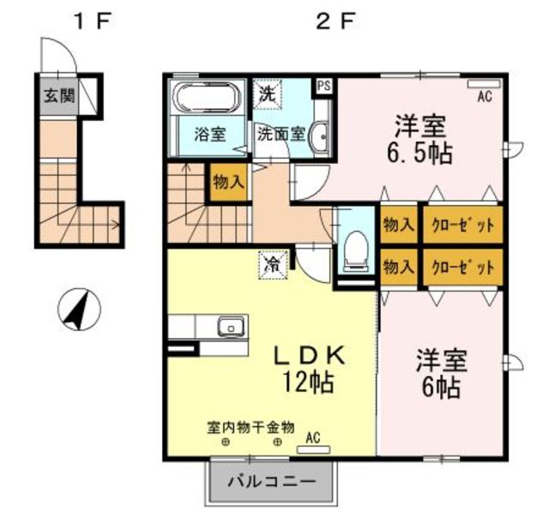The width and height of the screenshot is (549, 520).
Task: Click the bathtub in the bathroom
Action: point(208,98)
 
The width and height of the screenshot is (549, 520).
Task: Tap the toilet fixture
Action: point(356,251)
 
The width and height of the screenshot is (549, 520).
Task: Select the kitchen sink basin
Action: point(231,326)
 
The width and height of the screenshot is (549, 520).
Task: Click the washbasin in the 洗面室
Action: point(320,136)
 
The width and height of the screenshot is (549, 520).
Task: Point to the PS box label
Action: point(324,86)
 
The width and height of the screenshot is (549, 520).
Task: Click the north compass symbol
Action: point(79,309)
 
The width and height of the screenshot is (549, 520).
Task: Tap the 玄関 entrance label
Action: point(59,95)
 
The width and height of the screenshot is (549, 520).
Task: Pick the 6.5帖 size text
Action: point(419,154)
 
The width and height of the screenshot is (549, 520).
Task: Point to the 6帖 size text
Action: point(440,387)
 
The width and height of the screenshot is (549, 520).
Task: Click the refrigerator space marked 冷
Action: point(273,265)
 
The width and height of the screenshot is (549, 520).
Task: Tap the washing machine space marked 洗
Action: point(268,94)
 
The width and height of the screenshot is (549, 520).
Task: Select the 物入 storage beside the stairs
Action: point(229,182)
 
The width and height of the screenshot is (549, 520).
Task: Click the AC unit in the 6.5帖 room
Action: point(484,84)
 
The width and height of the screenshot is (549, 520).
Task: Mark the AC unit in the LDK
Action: point(313,450)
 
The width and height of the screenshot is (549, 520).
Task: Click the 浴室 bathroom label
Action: point(210,135)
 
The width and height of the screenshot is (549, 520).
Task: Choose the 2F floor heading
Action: point(335,21)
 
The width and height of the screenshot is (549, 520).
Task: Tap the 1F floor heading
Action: point(92,21)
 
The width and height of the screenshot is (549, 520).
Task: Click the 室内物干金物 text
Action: point(250,427)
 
